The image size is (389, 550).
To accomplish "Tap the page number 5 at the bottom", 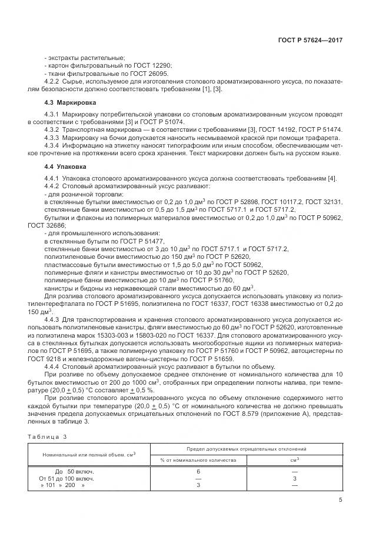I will pos(340,500).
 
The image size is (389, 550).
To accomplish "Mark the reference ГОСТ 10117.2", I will pos(270,202).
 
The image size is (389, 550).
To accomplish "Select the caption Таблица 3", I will pos(48,436).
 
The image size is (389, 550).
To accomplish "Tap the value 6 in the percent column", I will pos(198,472).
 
